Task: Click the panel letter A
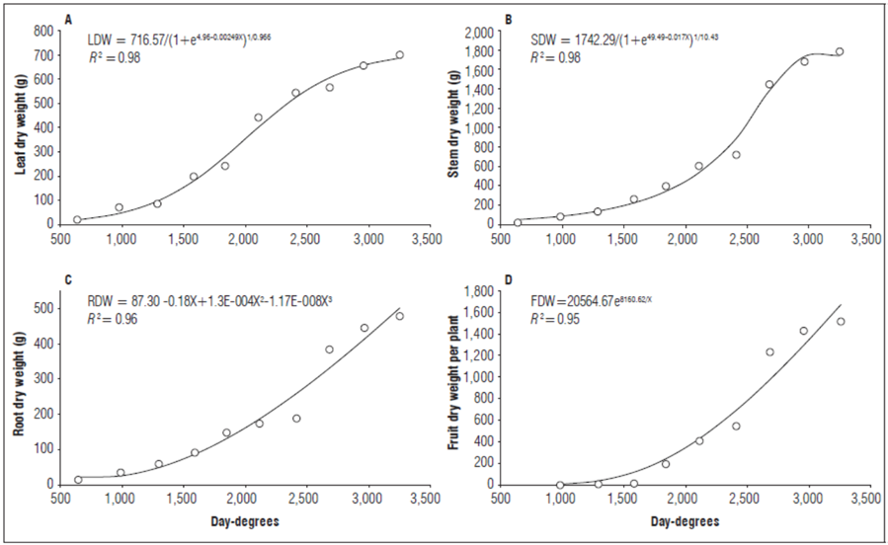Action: (x=68, y=20)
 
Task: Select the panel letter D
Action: (x=509, y=280)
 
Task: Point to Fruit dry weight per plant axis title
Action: (x=454, y=385)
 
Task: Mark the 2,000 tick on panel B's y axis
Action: (x=477, y=32)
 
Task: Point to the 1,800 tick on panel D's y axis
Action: (x=477, y=292)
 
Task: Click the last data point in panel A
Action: (x=400, y=55)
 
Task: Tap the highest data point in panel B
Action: (x=840, y=51)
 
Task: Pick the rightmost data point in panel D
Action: (x=841, y=321)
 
